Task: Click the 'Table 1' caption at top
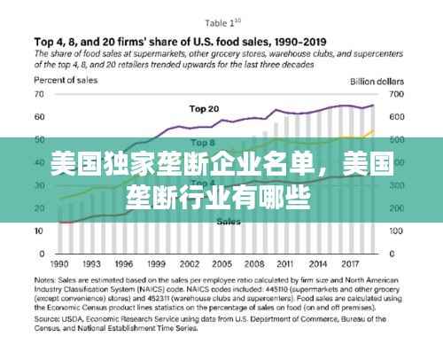tap(222, 22)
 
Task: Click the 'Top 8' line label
tap(202, 142)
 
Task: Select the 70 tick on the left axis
tap(39, 93)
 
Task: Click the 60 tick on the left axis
tap(39, 116)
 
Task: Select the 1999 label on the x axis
tap(155, 264)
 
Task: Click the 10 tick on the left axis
tap(39, 231)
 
